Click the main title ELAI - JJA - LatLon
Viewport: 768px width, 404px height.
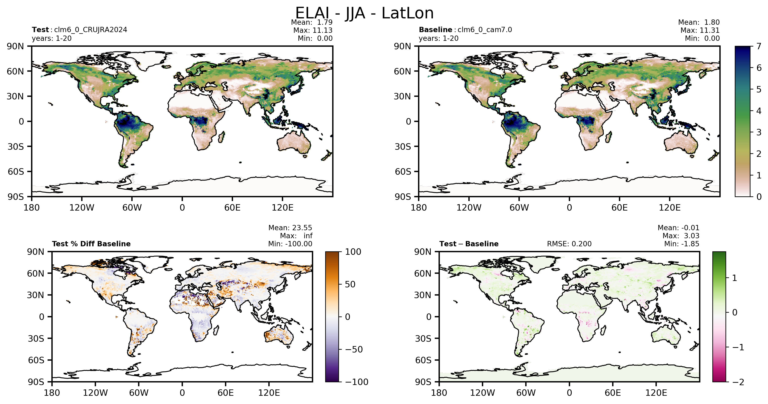(x=364, y=13)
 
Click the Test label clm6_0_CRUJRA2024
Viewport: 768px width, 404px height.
(x=91, y=30)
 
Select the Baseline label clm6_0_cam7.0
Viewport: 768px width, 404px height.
(x=485, y=30)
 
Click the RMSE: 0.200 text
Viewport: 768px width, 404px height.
(x=569, y=244)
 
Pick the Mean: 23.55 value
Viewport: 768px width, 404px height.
(x=290, y=228)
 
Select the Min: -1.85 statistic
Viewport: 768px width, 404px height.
(x=682, y=244)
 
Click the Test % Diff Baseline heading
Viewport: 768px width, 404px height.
(x=91, y=244)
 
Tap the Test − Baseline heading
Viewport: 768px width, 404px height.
(x=469, y=244)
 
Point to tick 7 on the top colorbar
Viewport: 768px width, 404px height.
(x=759, y=46)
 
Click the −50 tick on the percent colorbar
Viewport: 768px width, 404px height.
(x=354, y=349)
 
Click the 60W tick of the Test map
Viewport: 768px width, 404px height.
(x=132, y=208)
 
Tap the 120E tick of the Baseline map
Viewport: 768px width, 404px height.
(x=670, y=208)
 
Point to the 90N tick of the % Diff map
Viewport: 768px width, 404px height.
(x=36, y=252)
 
